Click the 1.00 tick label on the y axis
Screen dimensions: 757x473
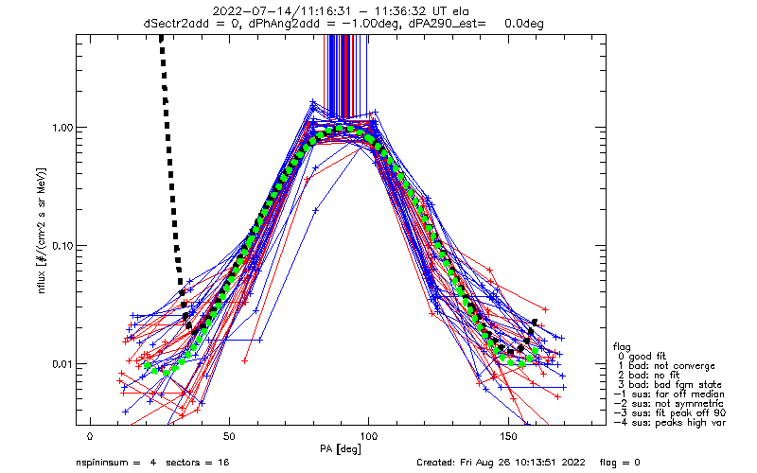coord(62,129)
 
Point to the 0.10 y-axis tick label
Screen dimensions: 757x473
coord(62,247)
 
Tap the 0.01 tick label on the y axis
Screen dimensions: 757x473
coord(62,364)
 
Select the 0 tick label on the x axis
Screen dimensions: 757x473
coord(90,437)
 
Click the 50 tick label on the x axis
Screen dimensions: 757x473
coord(229,437)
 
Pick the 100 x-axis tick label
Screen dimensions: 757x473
coord(368,437)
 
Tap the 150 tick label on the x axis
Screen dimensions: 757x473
coord(508,437)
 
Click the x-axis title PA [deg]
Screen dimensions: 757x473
coord(341,449)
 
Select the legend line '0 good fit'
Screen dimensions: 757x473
coord(642,357)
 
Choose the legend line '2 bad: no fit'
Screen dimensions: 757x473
coord(649,376)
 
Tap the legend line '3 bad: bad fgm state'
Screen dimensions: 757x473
coord(670,385)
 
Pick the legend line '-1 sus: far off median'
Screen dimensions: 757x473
coord(669,394)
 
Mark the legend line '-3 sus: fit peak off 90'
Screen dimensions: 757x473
coord(670,413)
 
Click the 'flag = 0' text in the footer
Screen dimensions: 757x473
coord(620,463)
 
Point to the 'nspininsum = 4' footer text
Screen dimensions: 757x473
coord(115,463)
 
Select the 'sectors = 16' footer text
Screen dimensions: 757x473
coord(198,463)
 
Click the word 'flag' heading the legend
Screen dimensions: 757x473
coord(622,347)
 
